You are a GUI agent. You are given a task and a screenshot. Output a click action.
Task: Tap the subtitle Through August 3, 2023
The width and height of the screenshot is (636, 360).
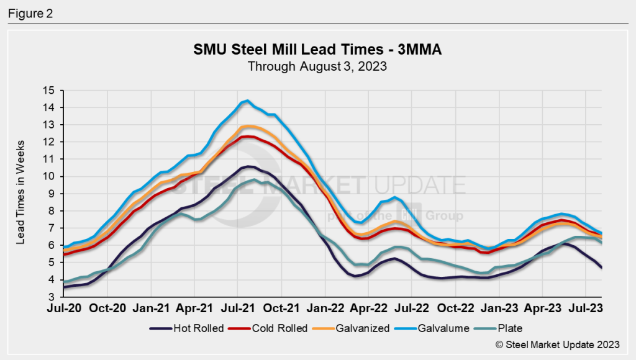317,66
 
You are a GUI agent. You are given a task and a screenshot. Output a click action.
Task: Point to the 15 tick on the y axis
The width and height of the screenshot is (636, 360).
50,91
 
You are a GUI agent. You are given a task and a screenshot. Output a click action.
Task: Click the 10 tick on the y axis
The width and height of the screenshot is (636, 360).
50,176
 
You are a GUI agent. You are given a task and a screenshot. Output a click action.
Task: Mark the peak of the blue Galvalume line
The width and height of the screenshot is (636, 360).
247,101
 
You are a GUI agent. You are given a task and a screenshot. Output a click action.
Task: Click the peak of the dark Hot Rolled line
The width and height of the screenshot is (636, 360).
248,166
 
